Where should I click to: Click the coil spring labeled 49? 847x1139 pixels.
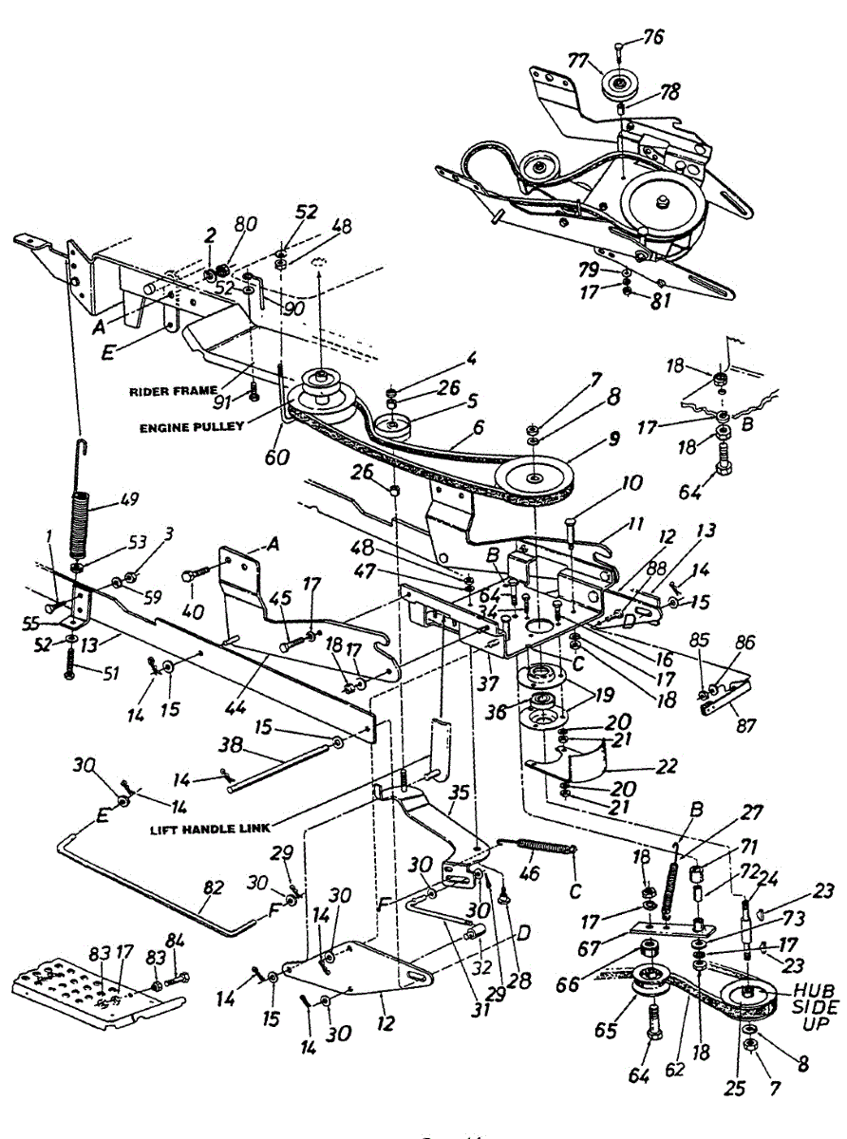pos(82,523)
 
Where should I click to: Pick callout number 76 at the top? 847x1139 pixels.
pos(652,37)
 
